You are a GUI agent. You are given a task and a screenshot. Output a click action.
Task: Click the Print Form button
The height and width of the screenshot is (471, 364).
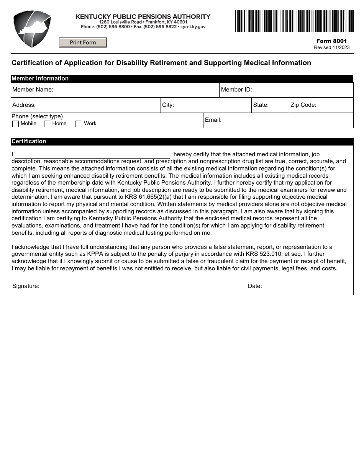pos(83,43)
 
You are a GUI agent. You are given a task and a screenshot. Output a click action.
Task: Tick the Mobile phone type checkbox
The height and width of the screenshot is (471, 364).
pos(16,124)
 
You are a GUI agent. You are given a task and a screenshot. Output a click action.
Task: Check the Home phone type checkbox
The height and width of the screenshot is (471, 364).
pos(47,124)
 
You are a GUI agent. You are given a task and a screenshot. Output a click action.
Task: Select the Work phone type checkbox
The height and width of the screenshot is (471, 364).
pos(78,124)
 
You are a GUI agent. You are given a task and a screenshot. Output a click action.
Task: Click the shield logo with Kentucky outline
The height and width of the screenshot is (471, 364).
pos(32,29)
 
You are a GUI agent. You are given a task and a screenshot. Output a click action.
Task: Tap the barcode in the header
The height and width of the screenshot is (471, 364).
pos(294,21)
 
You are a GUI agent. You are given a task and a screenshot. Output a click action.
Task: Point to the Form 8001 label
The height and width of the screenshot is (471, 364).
pos(331,41)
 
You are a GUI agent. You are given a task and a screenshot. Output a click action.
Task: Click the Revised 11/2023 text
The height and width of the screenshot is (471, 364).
pos(331,47)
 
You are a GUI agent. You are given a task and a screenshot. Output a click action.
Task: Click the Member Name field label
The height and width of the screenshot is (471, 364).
pos(33,90)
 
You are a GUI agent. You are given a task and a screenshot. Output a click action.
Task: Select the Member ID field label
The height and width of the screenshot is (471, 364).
pos(236,90)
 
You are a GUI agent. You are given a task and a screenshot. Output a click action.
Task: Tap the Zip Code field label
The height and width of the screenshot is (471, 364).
pos(303,105)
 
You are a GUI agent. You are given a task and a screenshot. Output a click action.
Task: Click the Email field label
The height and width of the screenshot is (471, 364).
pos(213,120)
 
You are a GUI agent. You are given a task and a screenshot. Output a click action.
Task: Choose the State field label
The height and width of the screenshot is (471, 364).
pos(261,105)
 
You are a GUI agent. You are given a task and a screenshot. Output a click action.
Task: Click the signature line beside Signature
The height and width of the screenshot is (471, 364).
pos(105,286)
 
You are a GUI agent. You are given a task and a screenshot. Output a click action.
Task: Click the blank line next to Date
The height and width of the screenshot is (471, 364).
pos(307,286)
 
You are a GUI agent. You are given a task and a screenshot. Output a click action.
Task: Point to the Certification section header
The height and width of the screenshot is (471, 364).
pos(29,141)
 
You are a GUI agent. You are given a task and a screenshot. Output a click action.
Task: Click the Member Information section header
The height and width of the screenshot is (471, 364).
pos(40,78)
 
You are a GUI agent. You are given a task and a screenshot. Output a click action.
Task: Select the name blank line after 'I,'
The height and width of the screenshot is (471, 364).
pos(92,155)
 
